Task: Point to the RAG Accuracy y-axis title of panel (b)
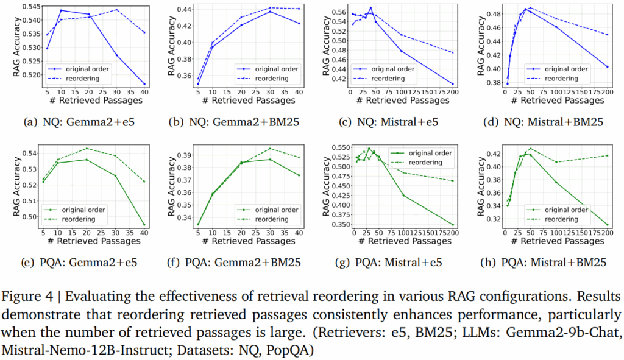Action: click(172, 46)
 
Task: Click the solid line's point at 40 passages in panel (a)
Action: click(144, 84)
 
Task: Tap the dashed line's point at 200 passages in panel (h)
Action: click(608, 155)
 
